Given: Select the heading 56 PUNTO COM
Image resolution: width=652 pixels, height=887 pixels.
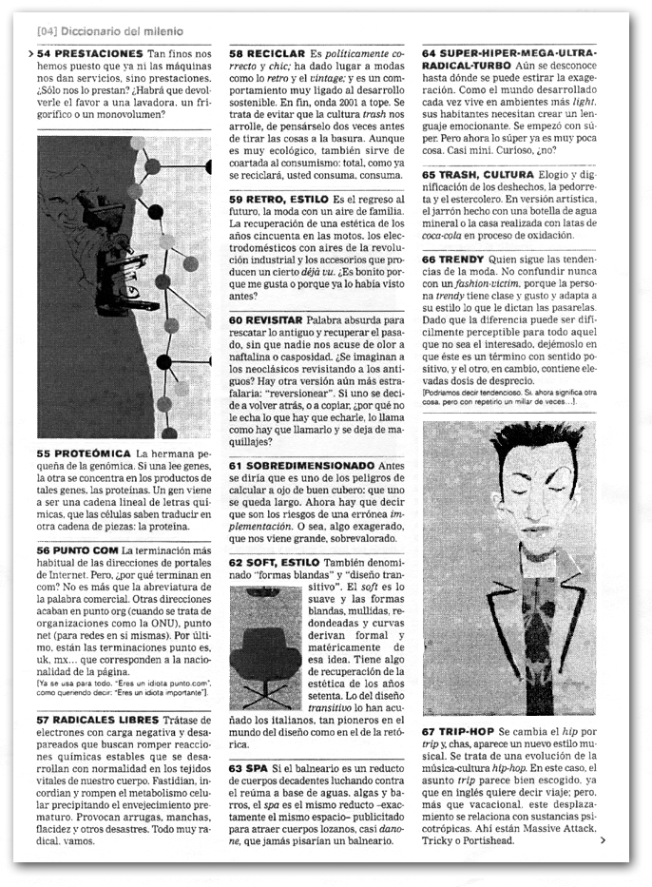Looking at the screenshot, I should pos(77,550).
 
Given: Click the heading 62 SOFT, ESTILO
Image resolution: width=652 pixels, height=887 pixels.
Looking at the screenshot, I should pos(275,563).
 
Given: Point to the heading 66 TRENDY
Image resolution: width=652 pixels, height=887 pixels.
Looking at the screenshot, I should pos(453,259).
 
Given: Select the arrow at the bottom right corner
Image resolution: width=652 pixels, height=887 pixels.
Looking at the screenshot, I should pos(603,840).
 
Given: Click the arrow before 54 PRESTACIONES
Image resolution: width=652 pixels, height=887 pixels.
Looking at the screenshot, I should pos(32,54).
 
